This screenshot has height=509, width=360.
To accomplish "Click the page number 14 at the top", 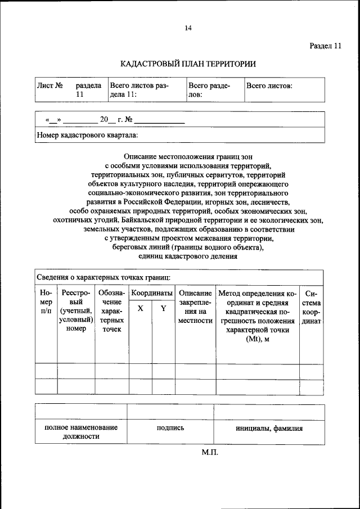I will click(188, 28).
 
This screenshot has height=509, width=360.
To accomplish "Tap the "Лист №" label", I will click(49, 86).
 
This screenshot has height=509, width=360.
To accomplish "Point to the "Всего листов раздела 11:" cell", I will click(139, 90).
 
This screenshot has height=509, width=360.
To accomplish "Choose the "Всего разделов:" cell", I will click(209, 90).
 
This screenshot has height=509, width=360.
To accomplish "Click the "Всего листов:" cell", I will click(269, 86).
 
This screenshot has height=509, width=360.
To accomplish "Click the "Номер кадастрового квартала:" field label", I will click(87, 135).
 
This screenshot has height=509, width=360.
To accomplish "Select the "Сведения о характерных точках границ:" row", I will click(100, 277).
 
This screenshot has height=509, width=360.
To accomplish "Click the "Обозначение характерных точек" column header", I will click(112, 311).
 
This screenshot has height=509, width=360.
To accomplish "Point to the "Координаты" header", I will click(152, 293).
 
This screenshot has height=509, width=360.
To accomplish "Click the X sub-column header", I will click(140, 308).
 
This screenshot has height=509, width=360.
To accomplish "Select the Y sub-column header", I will click(163, 308).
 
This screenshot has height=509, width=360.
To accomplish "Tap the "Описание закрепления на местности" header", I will click(195, 307).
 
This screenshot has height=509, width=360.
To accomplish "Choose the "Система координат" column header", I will click(311, 307).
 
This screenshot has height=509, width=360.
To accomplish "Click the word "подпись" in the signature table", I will click(170, 428).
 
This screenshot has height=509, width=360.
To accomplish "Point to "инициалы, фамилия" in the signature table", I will click(269, 428).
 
